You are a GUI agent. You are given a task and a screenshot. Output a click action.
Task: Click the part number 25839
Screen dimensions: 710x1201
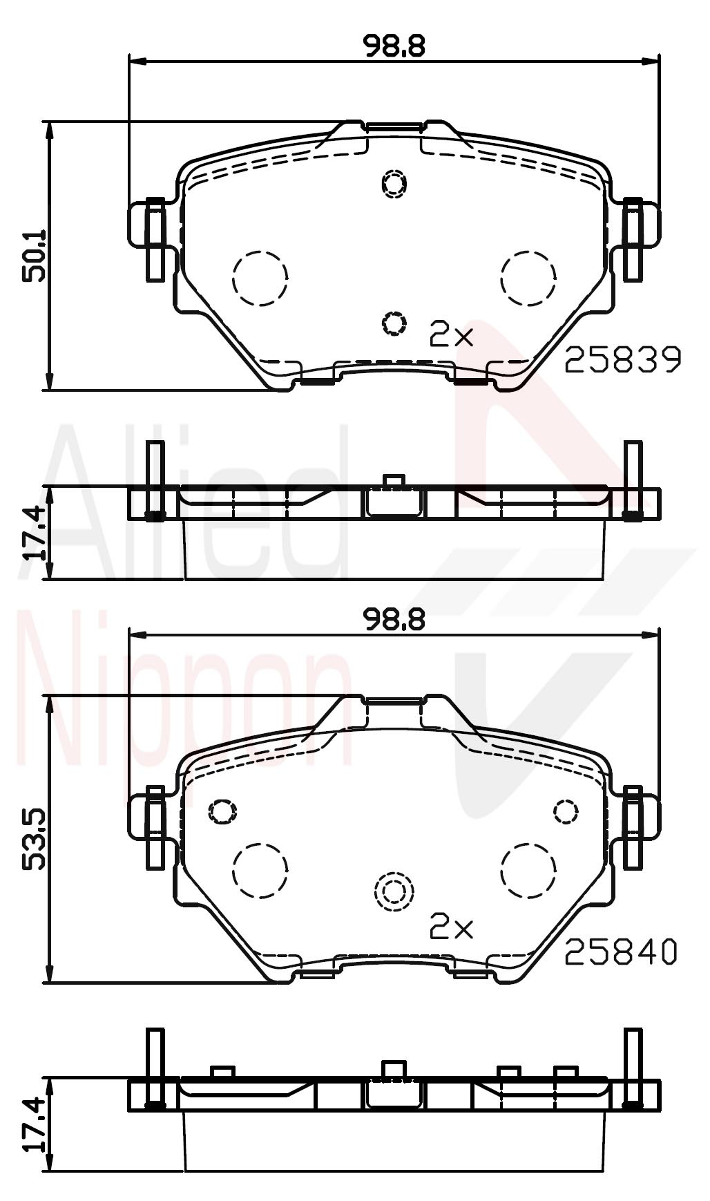[623, 360]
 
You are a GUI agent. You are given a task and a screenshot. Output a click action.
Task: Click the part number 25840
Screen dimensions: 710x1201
[622, 953]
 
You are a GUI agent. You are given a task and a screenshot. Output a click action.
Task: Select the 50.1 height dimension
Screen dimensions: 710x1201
[34, 255]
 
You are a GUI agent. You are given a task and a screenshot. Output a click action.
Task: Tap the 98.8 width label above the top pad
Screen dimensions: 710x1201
[394, 46]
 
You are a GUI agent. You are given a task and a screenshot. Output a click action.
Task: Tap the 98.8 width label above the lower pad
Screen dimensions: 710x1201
[394, 621]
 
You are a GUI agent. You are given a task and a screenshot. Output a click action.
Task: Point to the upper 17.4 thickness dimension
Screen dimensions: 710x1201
[34, 532]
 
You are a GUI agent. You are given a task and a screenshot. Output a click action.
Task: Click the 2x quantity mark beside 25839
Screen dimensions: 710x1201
[451, 335]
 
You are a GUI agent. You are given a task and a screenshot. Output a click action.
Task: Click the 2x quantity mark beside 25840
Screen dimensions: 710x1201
[451, 928]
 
